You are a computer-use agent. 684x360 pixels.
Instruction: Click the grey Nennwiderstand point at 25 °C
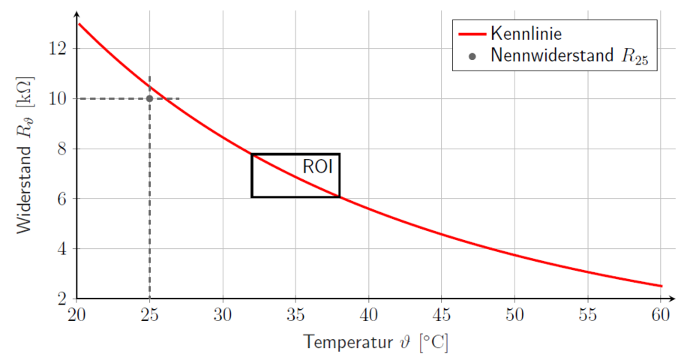point(150,98)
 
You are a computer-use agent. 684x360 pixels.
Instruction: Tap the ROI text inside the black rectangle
point(317,166)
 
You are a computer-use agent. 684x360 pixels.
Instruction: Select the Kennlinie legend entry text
point(526,33)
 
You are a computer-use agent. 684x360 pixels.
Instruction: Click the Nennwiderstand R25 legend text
point(569,55)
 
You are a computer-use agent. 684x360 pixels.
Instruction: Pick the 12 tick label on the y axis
point(59,48)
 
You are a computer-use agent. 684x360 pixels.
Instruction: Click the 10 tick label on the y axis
point(59,98)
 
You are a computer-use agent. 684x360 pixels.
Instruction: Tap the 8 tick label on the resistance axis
point(63,148)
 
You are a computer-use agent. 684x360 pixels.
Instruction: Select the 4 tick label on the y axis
point(63,248)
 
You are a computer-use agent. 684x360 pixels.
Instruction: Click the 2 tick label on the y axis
point(63,298)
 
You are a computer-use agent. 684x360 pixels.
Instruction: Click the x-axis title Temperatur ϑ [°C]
point(376,343)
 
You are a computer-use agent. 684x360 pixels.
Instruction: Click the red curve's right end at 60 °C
point(661,286)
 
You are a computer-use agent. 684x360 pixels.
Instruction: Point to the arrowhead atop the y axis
point(77,14)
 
